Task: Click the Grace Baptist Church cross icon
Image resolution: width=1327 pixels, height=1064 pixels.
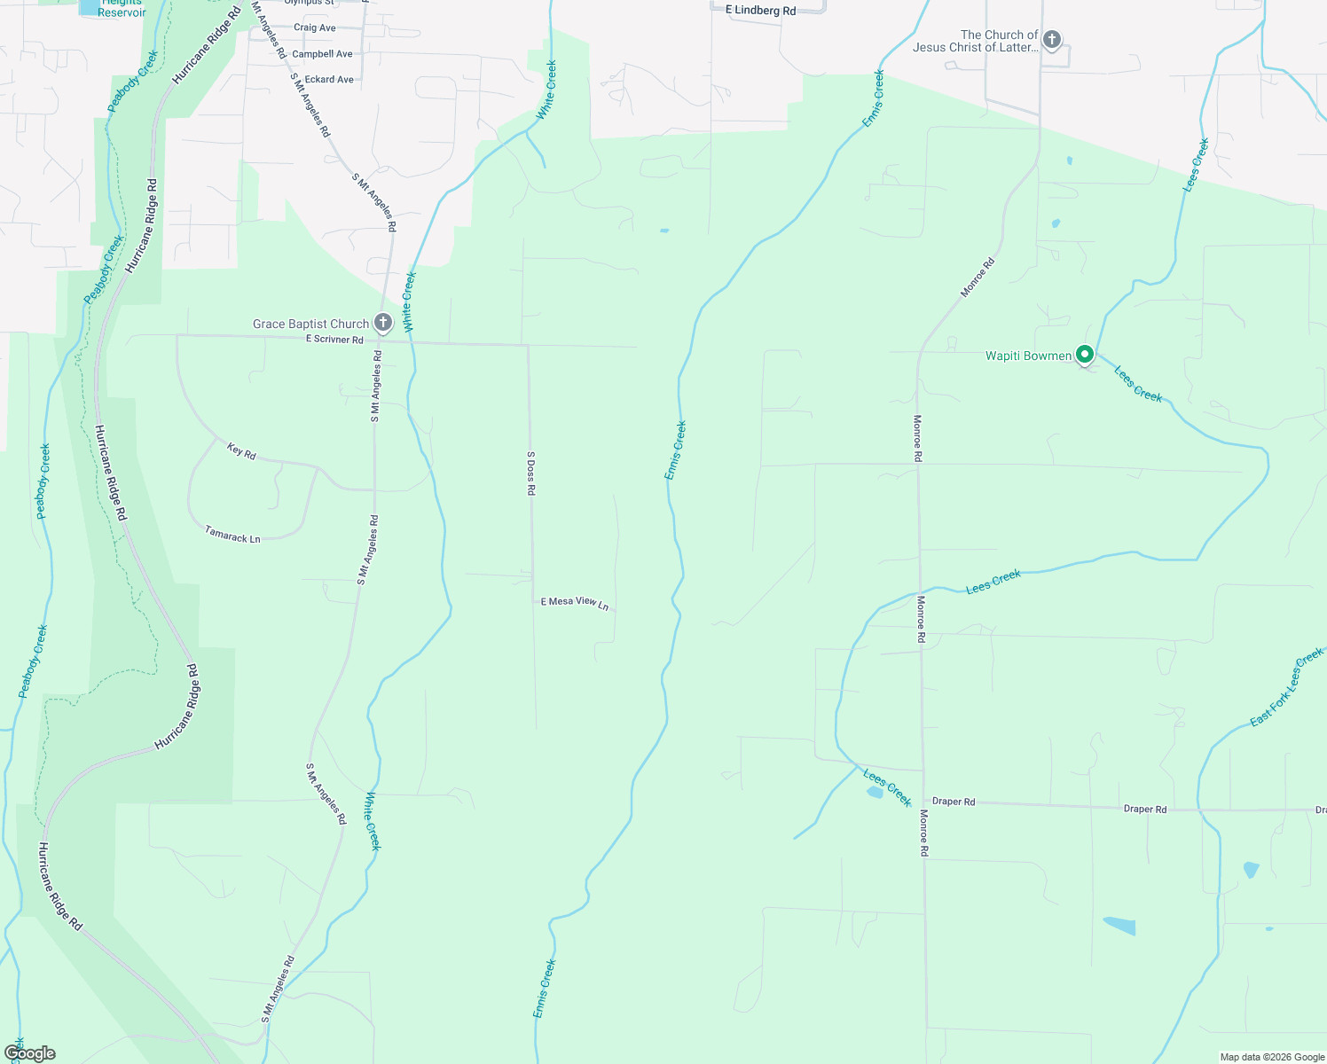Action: [383, 323]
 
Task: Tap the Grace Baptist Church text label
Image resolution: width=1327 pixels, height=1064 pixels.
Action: [310, 325]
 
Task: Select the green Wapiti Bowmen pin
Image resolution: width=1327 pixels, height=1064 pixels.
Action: [1084, 356]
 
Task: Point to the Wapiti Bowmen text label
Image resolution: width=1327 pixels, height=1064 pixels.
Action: [1029, 356]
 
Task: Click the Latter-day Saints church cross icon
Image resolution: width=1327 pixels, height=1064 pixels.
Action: [1052, 40]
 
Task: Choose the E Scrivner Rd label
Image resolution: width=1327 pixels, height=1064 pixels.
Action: [334, 340]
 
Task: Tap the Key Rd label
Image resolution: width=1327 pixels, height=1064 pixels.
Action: [241, 451]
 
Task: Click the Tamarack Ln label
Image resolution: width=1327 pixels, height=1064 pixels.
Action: [232, 536]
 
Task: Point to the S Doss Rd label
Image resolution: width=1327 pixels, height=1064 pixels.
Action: [531, 473]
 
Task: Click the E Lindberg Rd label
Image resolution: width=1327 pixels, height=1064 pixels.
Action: [760, 11]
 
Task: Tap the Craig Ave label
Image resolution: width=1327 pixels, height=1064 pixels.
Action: [315, 27]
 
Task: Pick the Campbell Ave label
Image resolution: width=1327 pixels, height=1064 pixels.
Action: [322, 54]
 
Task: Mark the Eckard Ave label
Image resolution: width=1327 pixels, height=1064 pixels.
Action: [329, 80]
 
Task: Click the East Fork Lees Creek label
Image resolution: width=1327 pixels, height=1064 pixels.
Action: [1286, 687]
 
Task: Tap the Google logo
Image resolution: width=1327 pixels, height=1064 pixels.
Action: [30, 1053]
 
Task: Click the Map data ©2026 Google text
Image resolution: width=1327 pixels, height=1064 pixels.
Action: [1272, 1057]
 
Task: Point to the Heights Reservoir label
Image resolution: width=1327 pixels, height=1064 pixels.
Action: [122, 8]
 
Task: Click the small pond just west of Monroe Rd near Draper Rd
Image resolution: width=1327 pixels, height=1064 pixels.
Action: [875, 793]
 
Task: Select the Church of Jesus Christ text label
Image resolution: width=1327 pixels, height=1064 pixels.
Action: [975, 41]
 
